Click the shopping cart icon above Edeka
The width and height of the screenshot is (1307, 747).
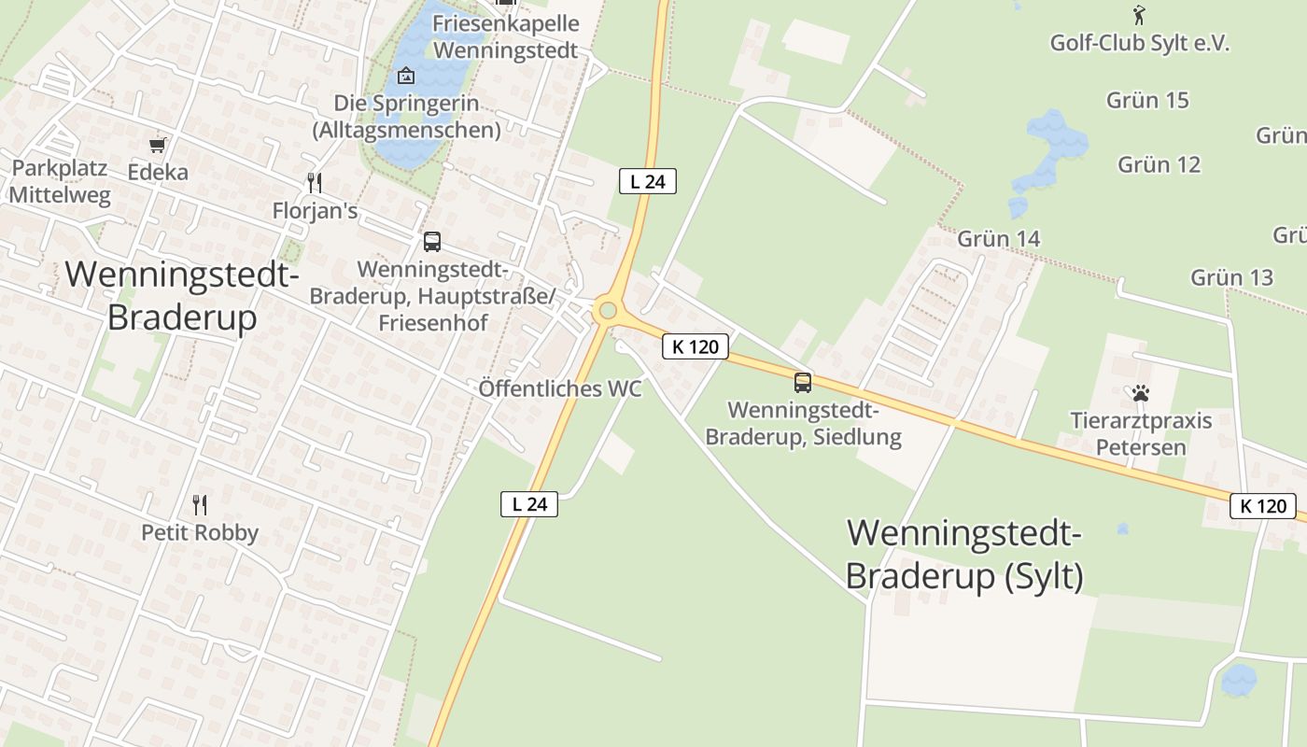pyautogui.click(x=158, y=145)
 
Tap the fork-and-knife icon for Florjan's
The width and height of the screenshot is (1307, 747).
pyautogui.click(x=315, y=182)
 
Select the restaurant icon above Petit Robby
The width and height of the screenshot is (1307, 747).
pyautogui.click(x=199, y=505)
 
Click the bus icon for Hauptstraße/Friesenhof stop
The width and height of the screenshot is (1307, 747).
pyautogui.click(x=431, y=242)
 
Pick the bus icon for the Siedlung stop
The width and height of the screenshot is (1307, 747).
pyautogui.click(x=803, y=382)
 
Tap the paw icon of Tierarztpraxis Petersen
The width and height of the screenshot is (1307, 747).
pyautogui.click(x=1140, y=393)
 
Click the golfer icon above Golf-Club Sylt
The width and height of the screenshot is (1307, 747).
pyautogui.click(x=1138, y=15)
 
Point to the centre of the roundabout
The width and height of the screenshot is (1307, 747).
pyautogui.click(x=609, y=310)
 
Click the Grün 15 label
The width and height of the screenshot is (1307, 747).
pyautogui.click(x=1147, y=100)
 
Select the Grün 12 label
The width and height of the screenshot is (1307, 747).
pyautogui.click(x=1159, y=164)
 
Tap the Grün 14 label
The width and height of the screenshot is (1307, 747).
pyautogui.click(x=998, y=238)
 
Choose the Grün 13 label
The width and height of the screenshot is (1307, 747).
pyautogui.click(x=1231, y=276)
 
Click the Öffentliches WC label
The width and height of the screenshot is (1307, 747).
pyautogui.click(x=560, y=388)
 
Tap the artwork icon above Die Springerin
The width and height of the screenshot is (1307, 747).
pyautogui.click(x=406, y=76)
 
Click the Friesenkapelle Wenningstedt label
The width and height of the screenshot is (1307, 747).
pyautogui.click(x=506, y=36)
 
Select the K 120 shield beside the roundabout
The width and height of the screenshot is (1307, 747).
pyautogui.click(x=696, y=346)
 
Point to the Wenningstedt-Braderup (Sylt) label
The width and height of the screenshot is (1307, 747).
pyautogui.click(x=964, y=555)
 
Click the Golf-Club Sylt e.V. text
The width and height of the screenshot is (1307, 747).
pyautogui.click(x=1140, y=43)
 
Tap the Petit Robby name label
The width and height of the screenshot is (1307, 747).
pyautogui.click(x=200, y=532)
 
